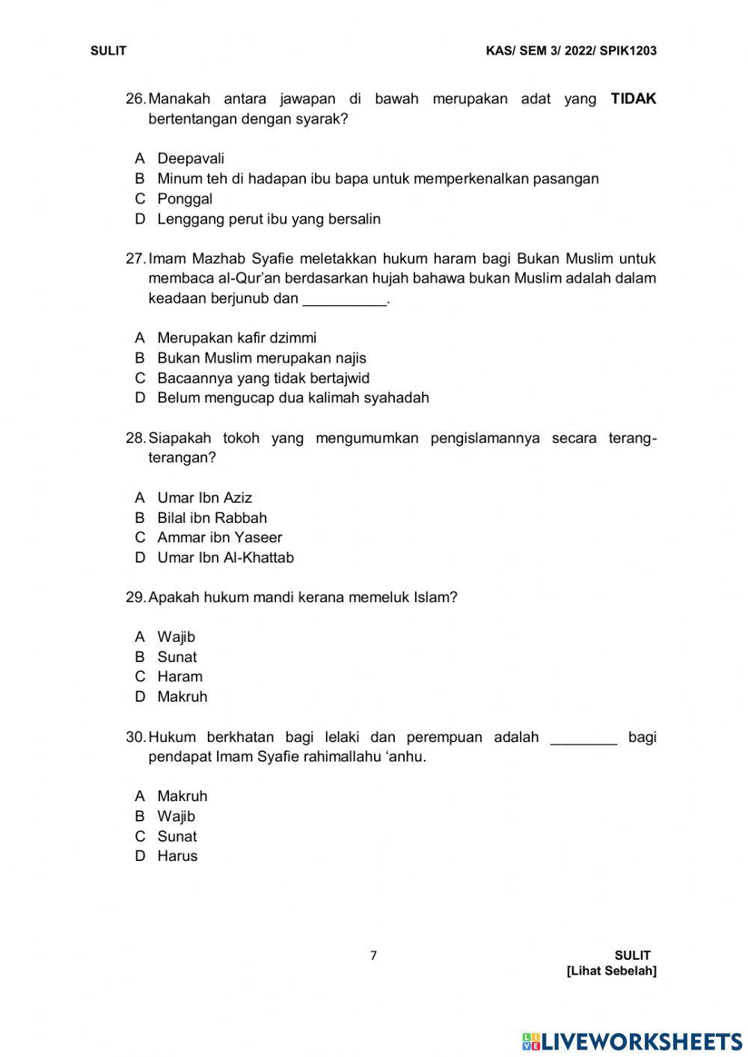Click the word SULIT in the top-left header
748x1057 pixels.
108,51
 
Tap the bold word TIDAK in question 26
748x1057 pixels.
633,99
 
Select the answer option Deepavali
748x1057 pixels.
190,159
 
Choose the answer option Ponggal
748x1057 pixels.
184,199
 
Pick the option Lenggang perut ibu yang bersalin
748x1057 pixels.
269,219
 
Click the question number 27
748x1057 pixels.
135,259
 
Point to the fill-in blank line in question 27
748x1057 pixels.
344,301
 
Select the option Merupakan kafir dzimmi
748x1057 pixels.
236,338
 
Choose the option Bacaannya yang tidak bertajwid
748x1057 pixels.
263,379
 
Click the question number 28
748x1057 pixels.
135,438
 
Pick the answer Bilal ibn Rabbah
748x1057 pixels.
212,518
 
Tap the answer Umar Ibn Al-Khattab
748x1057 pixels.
225,558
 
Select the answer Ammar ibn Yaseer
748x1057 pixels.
219,538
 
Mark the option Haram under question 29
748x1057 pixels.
180,677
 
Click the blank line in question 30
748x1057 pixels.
583,740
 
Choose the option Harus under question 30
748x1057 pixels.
177,857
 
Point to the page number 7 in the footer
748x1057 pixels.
373,955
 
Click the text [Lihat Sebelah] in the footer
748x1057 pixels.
612,971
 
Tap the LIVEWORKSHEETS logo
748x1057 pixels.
632,1041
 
